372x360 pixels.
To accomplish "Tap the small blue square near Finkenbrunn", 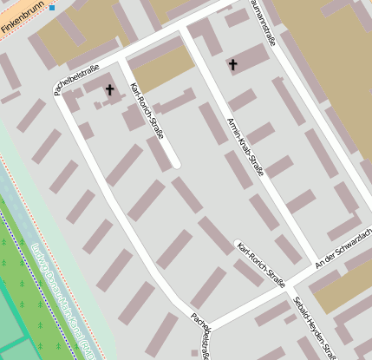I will click(51, 8).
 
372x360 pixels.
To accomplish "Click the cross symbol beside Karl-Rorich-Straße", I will click(109, 88).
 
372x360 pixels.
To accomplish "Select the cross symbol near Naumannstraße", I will click(232, 63).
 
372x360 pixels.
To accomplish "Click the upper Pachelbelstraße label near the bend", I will click(76, 80).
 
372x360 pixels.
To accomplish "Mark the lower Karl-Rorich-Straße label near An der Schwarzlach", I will click(261, 263).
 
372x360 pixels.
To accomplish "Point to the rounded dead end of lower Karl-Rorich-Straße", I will click(238, 243).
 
